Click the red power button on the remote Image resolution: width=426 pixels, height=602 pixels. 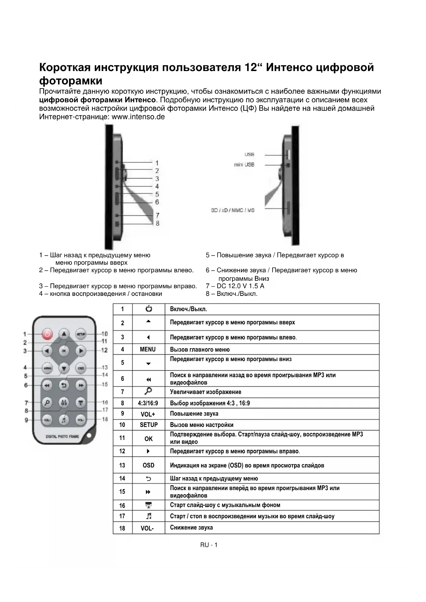point(47,334)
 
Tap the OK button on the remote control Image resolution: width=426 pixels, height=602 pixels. point(64,350)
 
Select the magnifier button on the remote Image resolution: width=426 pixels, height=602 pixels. point(47,402)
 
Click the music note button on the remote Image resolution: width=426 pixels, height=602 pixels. point(64,419)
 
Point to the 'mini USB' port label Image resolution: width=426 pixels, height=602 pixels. point(244,165)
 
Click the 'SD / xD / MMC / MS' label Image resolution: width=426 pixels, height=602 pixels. point(233,210)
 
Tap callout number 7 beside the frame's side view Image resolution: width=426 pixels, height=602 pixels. point(157,216)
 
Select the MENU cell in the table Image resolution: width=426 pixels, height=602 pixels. point(148,349)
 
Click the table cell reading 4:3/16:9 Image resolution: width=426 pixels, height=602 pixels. point(148,403)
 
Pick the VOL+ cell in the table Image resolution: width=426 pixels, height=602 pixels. point(148,414)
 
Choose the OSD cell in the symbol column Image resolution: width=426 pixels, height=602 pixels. point(148,465)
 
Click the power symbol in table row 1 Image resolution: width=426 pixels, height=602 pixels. point(148,309)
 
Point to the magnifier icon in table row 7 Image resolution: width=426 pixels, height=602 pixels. point(148,391)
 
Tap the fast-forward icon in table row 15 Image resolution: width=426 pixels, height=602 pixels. point(148,492)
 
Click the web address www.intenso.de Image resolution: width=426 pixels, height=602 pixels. point(138,117)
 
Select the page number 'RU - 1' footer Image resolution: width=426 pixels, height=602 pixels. point(209,545)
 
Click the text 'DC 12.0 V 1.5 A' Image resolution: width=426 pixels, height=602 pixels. point(240,286)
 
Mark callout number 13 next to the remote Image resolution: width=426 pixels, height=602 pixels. point(104,368)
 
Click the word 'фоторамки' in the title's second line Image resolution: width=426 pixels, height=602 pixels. point(71,81)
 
